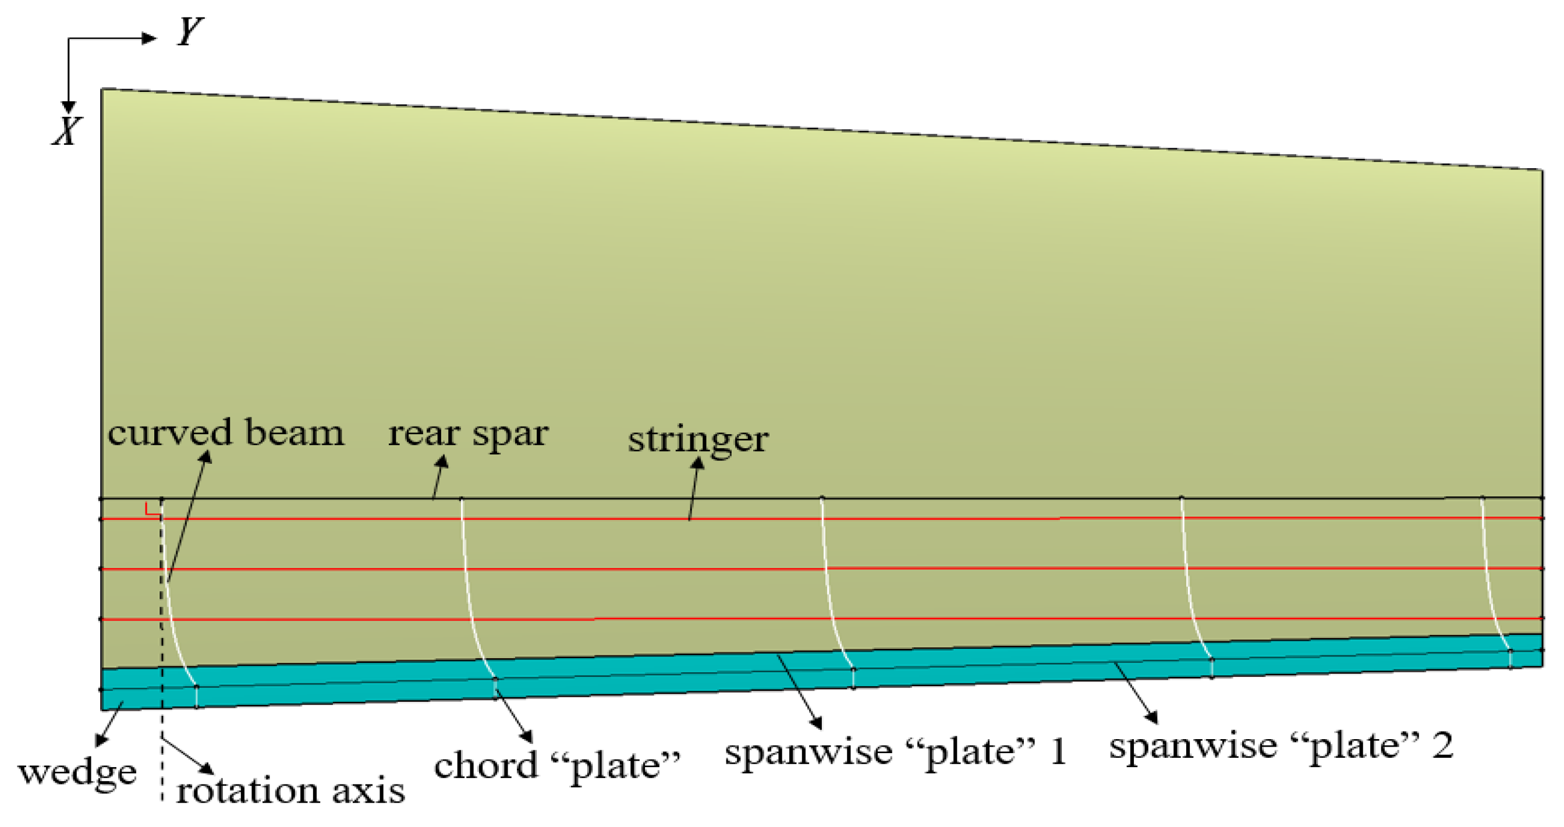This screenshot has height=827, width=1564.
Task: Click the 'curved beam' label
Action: pos(225,433)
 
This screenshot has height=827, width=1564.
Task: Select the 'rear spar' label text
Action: pos(468,434)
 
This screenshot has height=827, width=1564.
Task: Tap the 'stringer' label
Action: pos(698,439)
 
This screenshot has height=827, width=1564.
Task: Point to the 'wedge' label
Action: pos(78,772)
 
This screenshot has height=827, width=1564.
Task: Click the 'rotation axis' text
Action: pos(290,791)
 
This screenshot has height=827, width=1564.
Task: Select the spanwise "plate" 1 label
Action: pos(895,752)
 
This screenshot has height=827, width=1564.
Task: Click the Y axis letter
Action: pos(190,31)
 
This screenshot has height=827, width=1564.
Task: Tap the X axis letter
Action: pos(66,131)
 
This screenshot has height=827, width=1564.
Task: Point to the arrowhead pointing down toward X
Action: pos(69,107)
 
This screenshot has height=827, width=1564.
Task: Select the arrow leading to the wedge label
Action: pos(110,724)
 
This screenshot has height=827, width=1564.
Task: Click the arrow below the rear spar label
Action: pos(439,477)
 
